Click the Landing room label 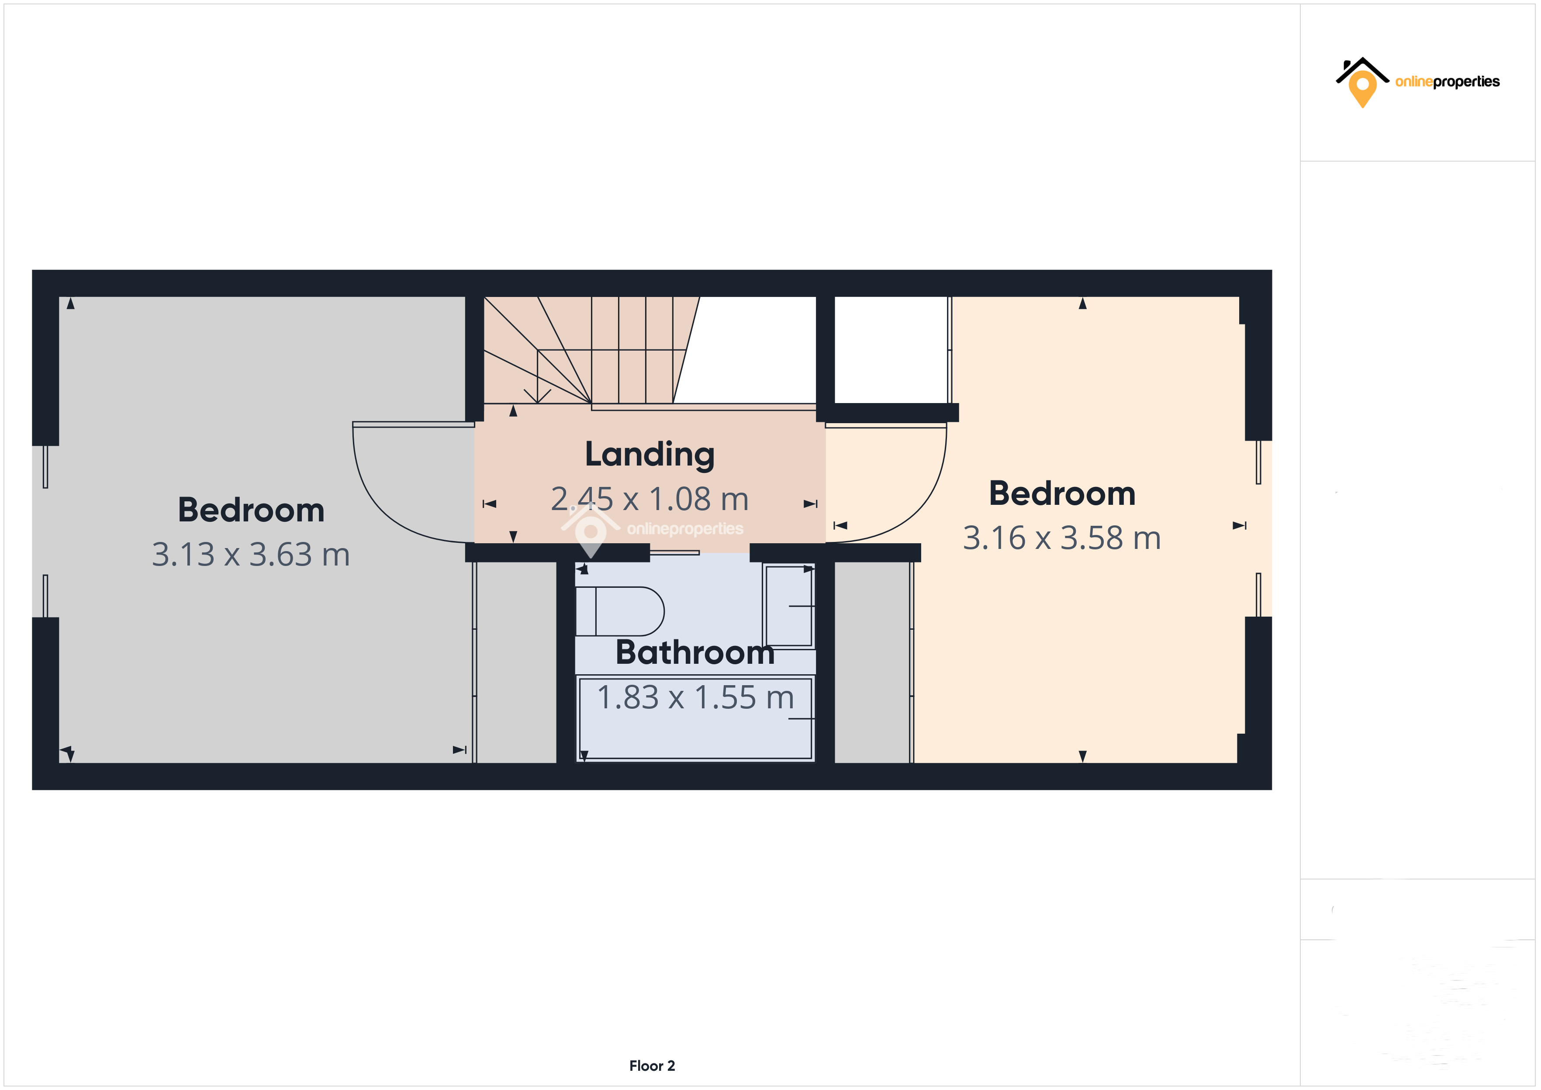[650, 455]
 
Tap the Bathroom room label [694, 652]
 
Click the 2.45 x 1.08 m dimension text [650, 499]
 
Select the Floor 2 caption [652, 1065]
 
